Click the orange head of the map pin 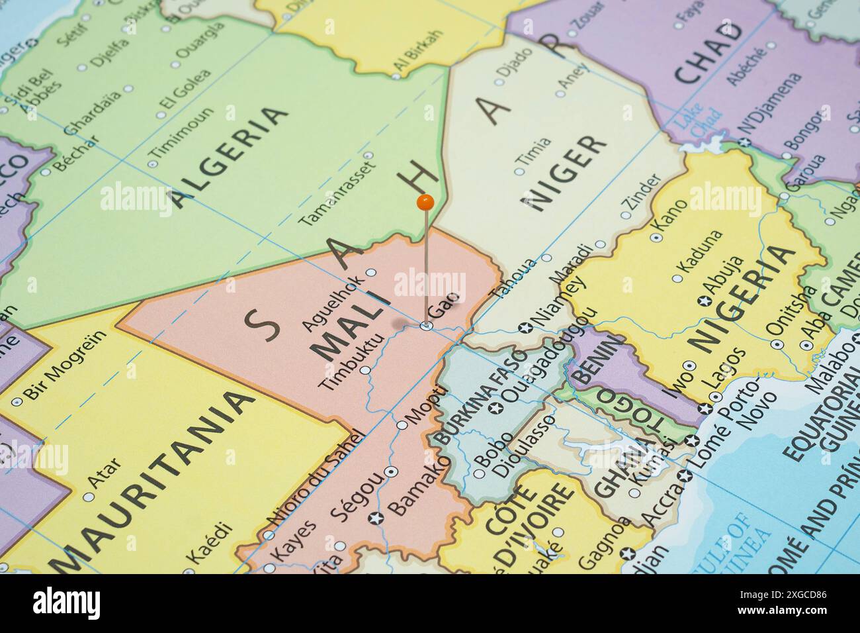point(425,201)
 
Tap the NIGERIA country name point(741,298)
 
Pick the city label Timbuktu point(351,363)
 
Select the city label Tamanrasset point(337,193)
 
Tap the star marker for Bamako point(378,517)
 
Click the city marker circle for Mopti point(402,425)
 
